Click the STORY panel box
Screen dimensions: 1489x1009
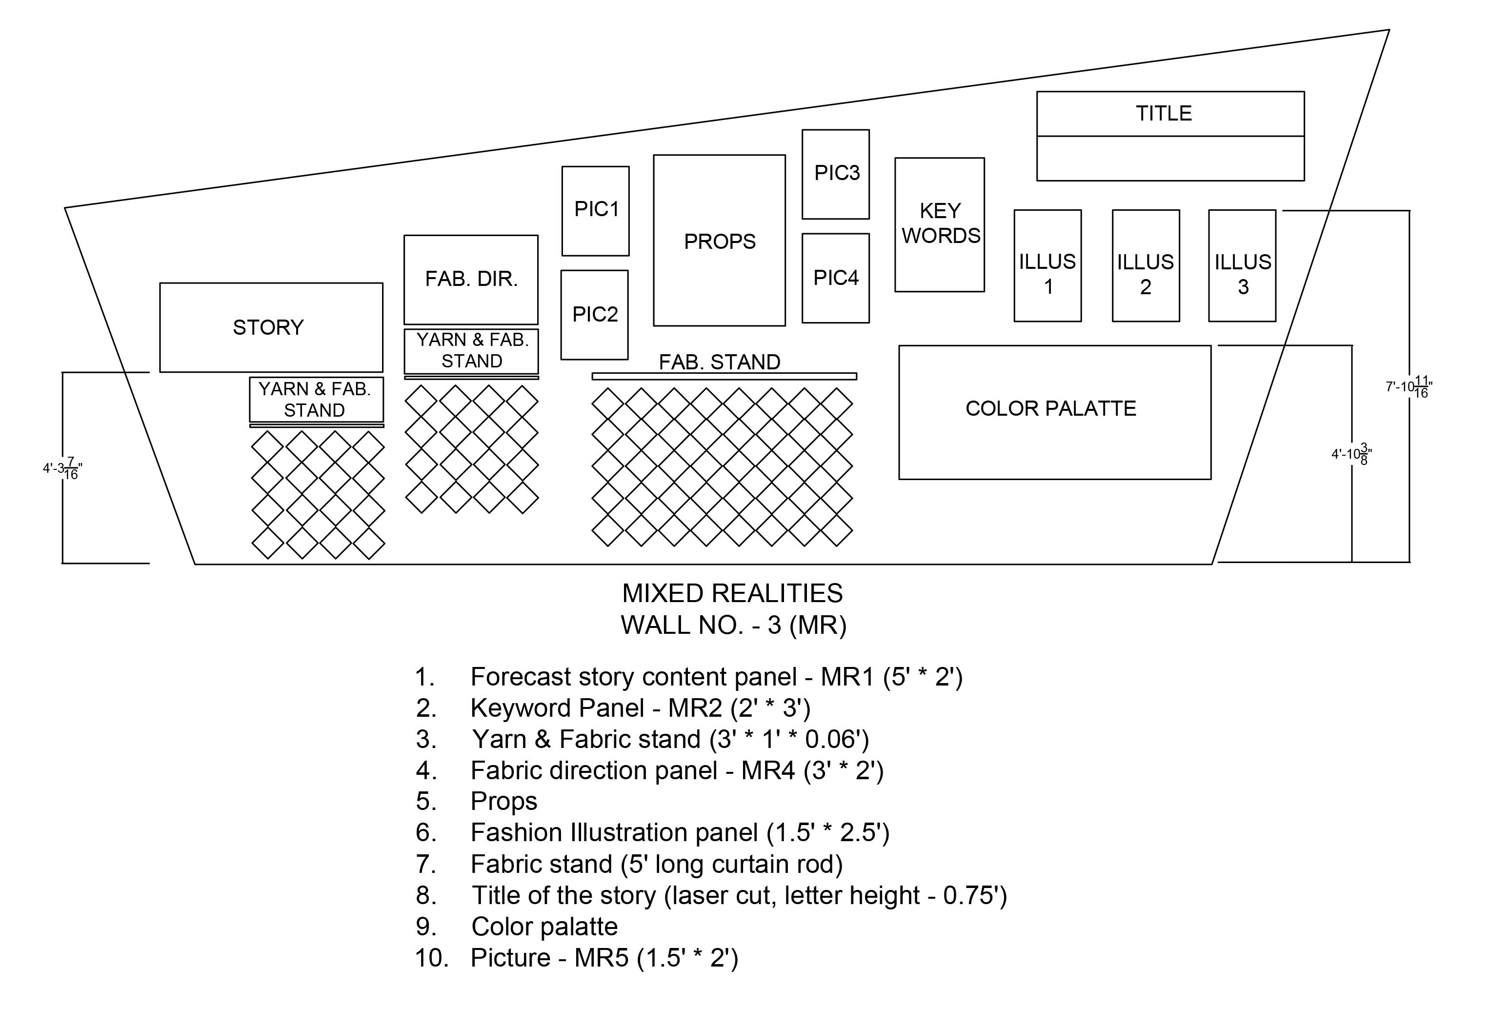coord(271,327)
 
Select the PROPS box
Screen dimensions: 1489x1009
coord(720,240)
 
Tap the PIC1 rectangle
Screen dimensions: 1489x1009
coord(596,211)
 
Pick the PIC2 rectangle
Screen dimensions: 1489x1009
coord(595,315)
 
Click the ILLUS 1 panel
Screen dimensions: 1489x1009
coord(1047,266)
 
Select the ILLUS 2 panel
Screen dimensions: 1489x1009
coord(1146,266)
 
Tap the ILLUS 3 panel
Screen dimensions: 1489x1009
coord(1242,266)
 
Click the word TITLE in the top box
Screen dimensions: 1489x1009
coord(1164,113)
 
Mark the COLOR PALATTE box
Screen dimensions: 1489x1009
coord(1055,413)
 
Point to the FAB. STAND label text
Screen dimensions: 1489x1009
coord(720,362)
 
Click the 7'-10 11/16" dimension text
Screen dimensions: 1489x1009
coord(1409,387)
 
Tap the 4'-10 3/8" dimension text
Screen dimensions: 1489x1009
coord(1351,454)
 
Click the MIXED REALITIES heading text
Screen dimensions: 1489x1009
coord(732,593)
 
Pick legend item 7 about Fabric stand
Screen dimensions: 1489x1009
coord(629,864)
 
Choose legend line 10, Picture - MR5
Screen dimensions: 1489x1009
coord(577,958)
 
